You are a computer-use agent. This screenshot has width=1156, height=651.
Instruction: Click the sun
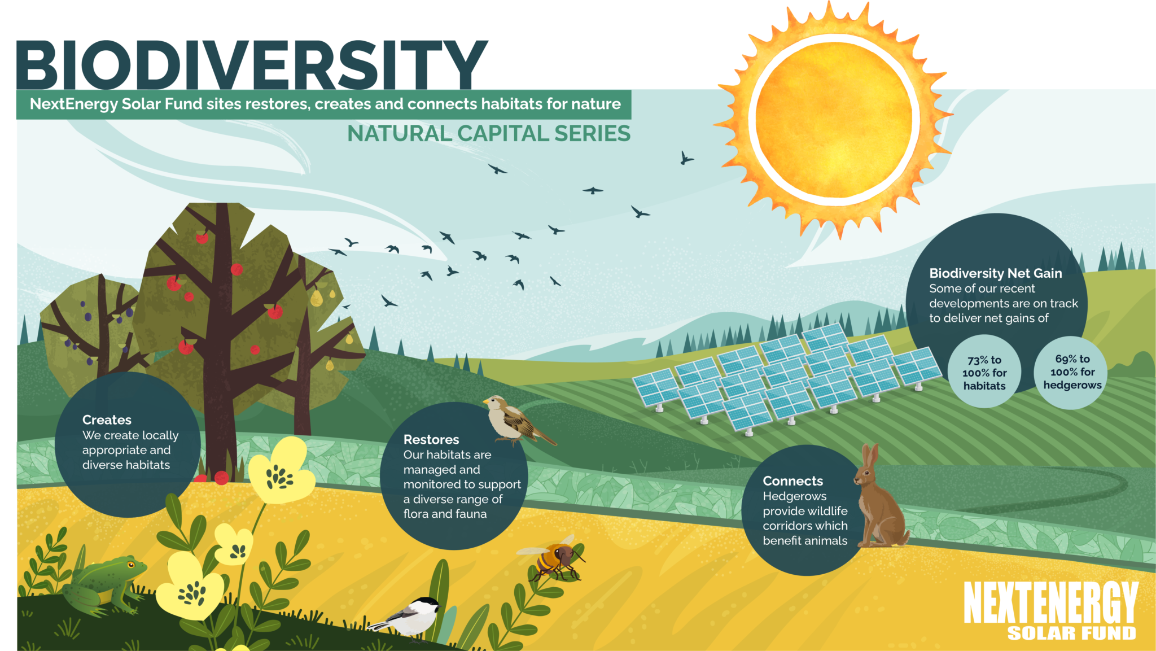[x=833, y=119]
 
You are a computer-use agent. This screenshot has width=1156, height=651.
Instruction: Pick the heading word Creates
[x=107, y=420]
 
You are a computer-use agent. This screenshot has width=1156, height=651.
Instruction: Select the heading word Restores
[x=431, y=440]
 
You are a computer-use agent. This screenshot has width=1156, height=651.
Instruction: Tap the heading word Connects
[x=792, y=481]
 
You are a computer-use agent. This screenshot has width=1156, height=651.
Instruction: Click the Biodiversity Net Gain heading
[x=995, y=273]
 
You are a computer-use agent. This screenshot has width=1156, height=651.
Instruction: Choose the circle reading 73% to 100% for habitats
[x=984, y=373]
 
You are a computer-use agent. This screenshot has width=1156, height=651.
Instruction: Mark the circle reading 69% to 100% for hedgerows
[x=1072, y=373]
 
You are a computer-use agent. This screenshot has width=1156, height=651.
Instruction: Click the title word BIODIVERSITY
[x=251, y=65]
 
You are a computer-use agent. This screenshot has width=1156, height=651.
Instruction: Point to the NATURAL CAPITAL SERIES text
[x=488, y=134]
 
